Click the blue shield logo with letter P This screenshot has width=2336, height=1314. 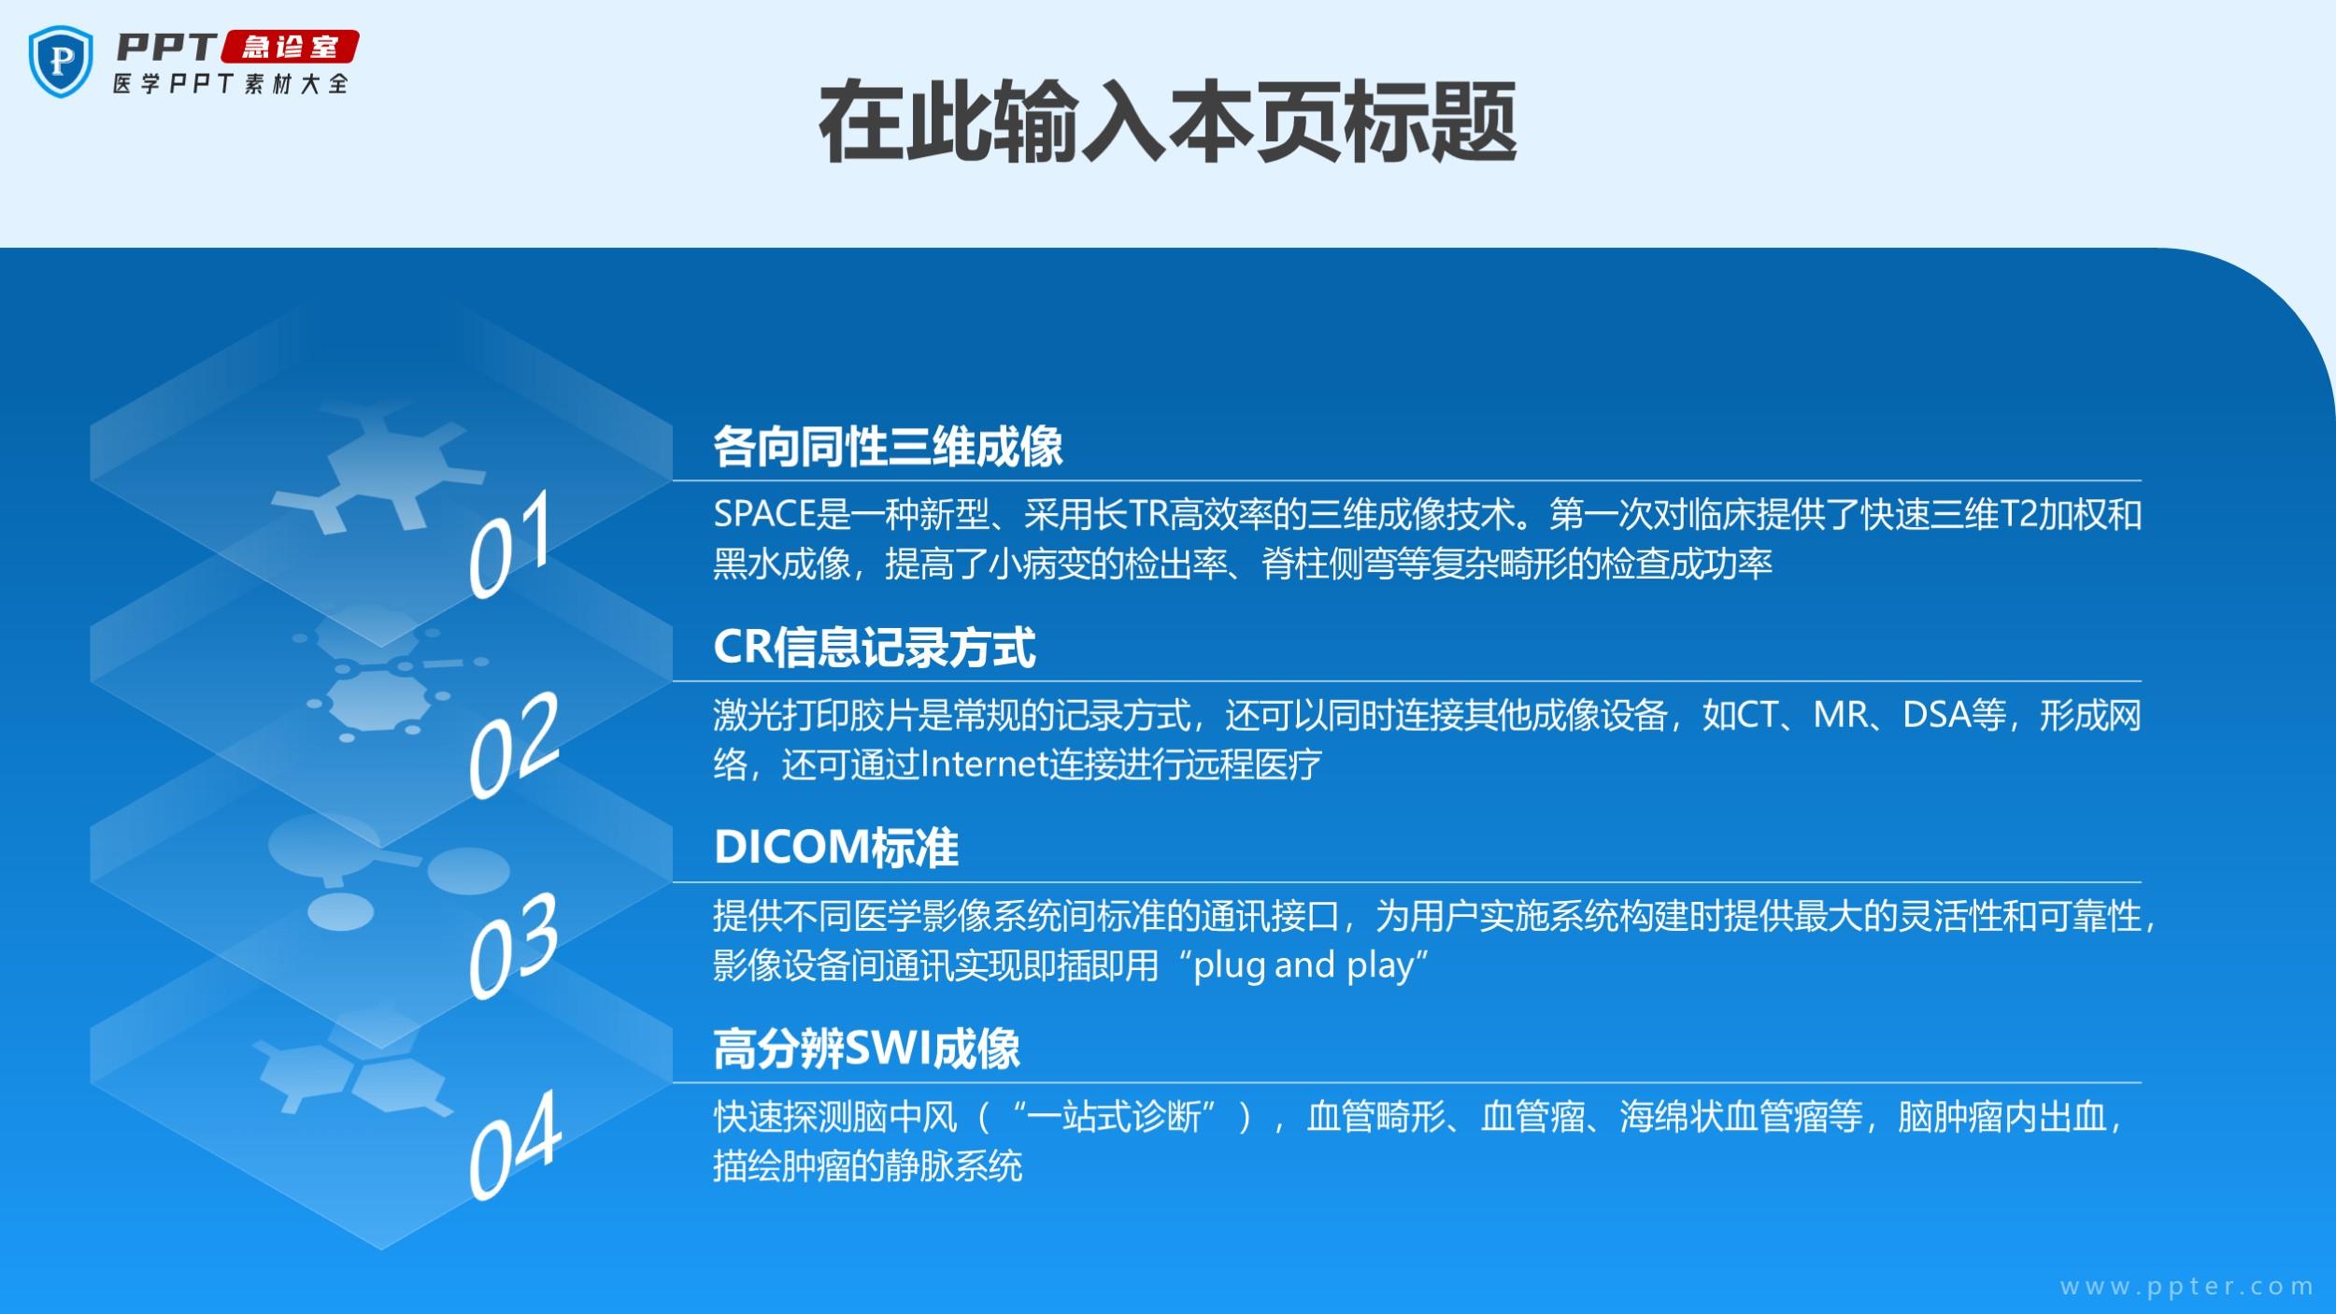coord(61,61)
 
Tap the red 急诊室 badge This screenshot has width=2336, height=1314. coord(290,47)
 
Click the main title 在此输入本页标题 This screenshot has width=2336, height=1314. coord(1167,122)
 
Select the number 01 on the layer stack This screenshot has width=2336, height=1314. coord(510,544)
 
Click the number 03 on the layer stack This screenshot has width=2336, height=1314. coord(513,945)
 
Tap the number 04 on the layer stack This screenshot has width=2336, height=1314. coord(515,1146)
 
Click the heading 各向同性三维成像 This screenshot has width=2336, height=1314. coord(888,447)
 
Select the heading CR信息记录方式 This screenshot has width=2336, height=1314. coord(875,647)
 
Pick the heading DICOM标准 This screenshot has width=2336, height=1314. coord(836,848)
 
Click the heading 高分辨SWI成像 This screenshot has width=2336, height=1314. coord(866,1049)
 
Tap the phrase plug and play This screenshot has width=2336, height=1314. coord(1311,965)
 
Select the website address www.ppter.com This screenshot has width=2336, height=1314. coord(2186,1288)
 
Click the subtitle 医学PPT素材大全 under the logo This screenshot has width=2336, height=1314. coord(231,83)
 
